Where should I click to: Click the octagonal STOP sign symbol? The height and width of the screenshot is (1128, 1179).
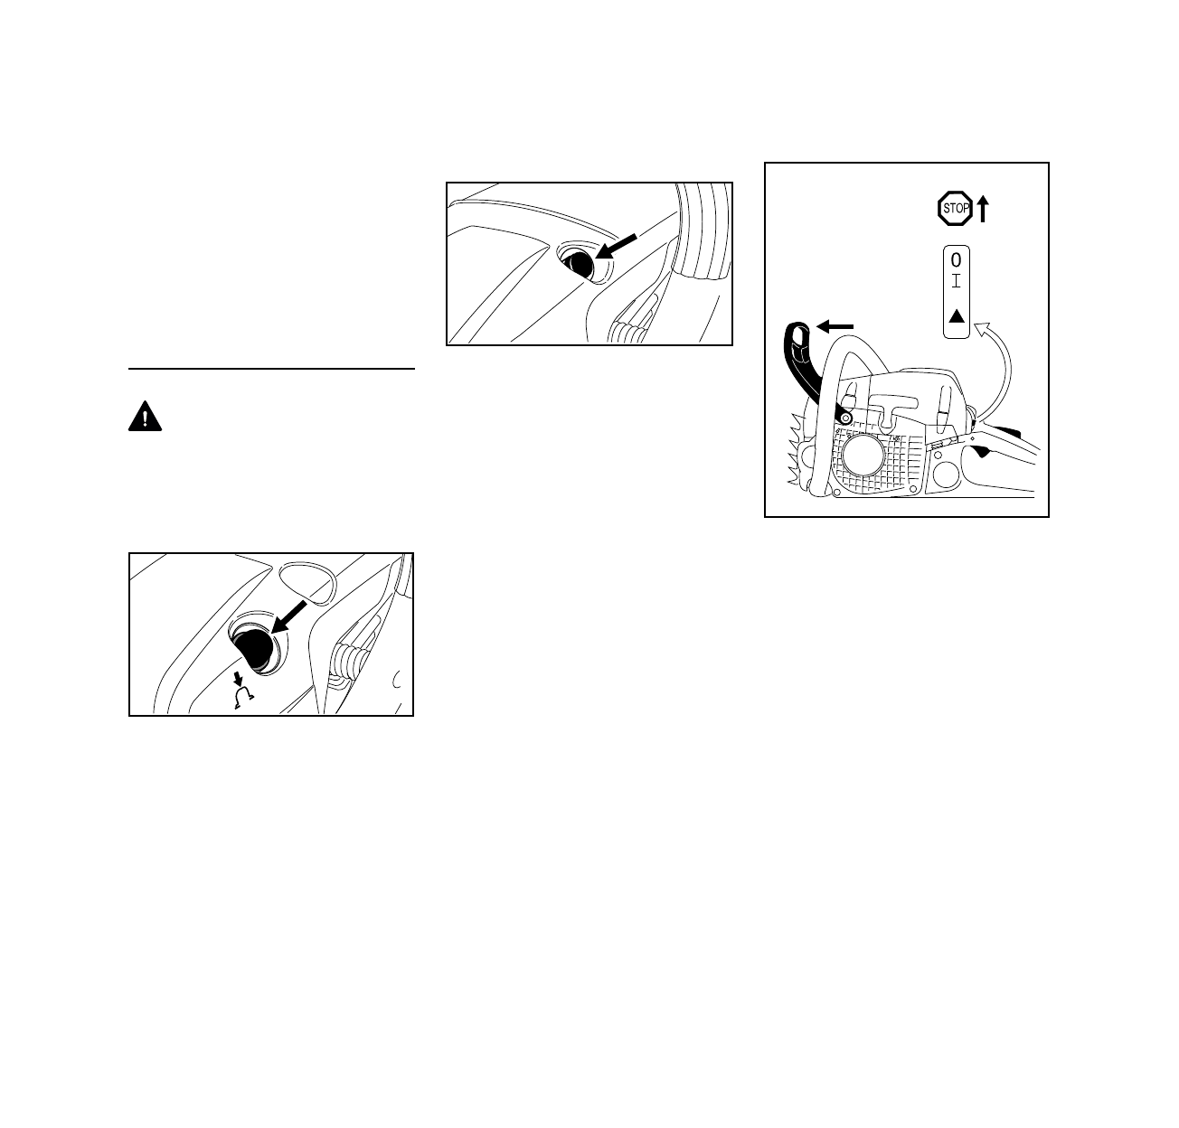[954, 210]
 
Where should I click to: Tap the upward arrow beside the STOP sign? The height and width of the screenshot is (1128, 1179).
[983, 210]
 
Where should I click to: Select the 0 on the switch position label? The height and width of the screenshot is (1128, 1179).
[957, 259]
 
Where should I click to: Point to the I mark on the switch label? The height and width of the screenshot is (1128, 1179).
[957, 280]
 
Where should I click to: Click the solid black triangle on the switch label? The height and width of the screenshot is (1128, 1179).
[957, 316]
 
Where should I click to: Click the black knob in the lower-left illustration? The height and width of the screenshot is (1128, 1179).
[255, 649]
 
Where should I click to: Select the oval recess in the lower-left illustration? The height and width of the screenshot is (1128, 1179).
[306, 578]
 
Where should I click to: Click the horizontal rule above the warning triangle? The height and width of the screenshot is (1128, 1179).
[271, 369]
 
